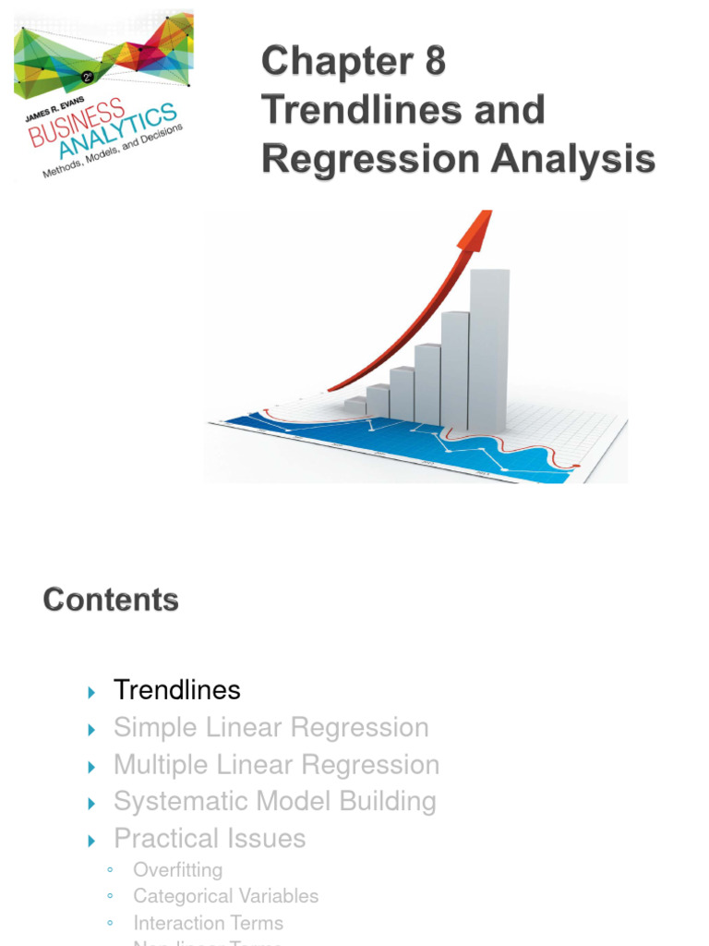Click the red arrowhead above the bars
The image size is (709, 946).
(x=474, y=231)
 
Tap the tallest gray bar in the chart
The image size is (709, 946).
(x=489, y=351)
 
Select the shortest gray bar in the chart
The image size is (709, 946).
(x=355, y=406)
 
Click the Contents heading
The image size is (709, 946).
(x=111, y=600)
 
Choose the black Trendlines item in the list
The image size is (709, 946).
(x=176, y=690)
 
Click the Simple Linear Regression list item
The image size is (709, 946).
(x=270, y=727)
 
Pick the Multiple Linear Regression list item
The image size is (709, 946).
(x=276, y=765)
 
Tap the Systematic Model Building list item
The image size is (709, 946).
(x=274, y=802)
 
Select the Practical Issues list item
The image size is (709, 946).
(x=209, y=839)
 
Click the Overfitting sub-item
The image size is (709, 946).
(x=177, y=870)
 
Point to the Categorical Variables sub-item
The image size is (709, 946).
(x=225, y=896)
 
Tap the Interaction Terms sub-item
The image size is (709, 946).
(x=208, y=923)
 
